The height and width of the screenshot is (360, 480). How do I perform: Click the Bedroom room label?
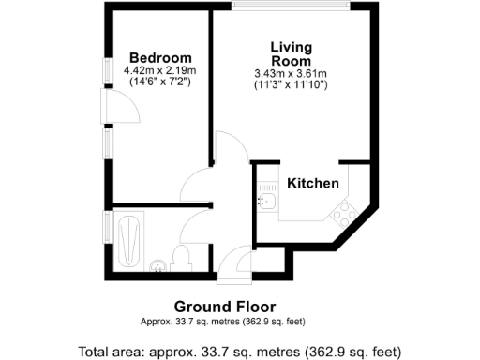pos(160,57)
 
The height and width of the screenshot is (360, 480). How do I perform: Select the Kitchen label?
pos(312,184)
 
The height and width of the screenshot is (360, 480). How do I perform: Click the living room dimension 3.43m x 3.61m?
pos(291,74)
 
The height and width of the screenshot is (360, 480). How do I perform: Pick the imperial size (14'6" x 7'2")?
pos(160,82)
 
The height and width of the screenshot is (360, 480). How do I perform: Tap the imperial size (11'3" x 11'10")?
pos(291,85)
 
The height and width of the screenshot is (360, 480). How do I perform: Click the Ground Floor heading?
pos(237,307)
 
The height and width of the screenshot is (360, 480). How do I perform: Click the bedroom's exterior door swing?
pos(125,110)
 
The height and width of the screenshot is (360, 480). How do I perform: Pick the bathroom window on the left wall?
pos(108,228)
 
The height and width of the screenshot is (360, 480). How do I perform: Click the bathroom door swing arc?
pos(197,225)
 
